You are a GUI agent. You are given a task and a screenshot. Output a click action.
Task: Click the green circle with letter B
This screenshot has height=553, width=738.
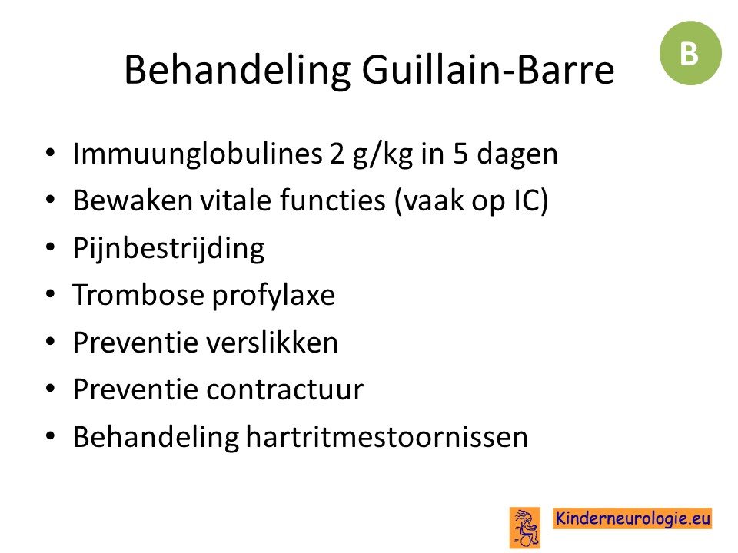pos(690,53)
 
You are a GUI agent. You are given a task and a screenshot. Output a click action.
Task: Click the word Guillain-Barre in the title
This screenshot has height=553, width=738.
pos(487,70)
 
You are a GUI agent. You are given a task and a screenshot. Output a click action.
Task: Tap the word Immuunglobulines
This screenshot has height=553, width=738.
pos(198,154)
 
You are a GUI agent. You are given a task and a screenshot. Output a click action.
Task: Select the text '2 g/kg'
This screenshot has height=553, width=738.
pos(371,154)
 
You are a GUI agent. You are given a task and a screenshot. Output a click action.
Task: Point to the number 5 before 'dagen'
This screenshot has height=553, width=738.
pos(460,154)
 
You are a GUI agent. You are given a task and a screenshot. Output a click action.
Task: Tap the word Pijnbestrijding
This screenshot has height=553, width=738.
pos(168,249)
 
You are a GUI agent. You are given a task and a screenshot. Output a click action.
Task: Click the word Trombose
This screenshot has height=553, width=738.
pos(138,295)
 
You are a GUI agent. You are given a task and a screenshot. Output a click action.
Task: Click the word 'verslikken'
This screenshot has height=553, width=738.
pos(272,342)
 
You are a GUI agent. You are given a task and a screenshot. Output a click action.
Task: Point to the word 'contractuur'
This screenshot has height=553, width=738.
pos(284,390)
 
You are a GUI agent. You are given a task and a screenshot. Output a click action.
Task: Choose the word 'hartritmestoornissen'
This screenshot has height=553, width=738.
pos(387,437)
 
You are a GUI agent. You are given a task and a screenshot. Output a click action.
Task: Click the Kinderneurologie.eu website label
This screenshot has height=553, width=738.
pos(633,518)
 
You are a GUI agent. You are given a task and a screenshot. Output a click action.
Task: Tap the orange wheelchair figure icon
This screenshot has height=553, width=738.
pos(525,528)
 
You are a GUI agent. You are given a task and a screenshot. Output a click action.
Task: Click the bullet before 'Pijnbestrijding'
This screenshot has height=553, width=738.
pos(51,247)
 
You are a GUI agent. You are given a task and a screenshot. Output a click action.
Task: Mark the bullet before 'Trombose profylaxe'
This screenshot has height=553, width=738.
pos(51,294)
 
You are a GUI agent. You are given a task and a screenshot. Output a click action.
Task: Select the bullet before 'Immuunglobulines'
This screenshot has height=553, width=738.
pos(51,153)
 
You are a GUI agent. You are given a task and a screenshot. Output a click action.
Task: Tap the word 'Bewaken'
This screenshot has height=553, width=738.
pos(133,200)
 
